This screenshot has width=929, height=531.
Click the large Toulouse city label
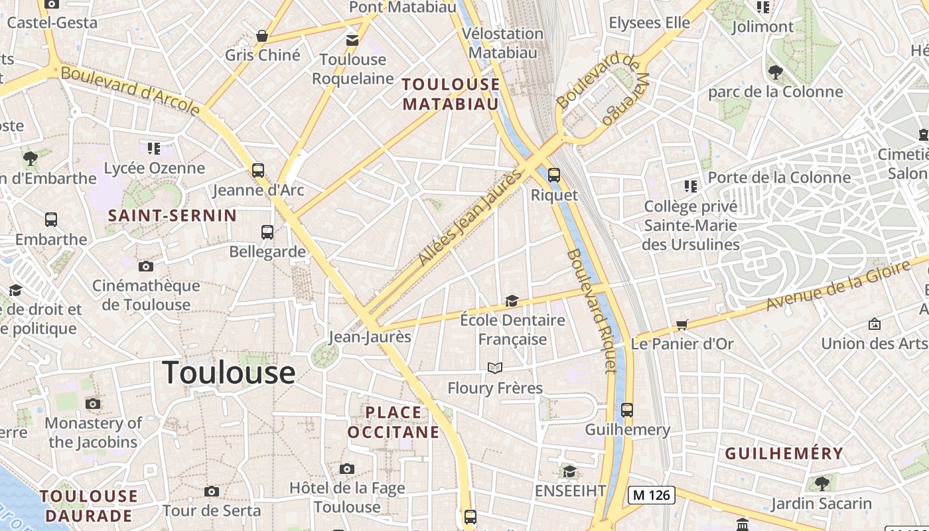(228, 372)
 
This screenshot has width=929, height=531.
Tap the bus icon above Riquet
(553, 175)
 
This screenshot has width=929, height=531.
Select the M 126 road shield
(652, 494)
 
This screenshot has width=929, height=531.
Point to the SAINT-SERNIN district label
(172, 215)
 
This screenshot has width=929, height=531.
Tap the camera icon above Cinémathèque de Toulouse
(146, 266)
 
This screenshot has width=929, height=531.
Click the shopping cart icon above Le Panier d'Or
(681, 325)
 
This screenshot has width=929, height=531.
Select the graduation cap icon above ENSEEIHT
(569, 471)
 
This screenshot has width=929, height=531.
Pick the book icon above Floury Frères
(495, 368)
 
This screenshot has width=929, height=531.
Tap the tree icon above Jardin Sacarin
(822, 483)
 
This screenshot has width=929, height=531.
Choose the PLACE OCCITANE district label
(393, 423)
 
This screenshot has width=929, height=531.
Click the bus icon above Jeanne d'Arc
(258, 171)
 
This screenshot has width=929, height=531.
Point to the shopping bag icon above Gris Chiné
(262, 36)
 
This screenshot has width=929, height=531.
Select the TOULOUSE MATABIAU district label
(451, 94)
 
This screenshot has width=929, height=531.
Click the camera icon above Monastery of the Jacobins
(94, 404)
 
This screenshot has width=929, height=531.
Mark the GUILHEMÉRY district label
(784, 454)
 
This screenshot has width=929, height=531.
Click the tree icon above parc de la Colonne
(775, 72)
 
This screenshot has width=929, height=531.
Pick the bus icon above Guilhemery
(627, 410)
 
